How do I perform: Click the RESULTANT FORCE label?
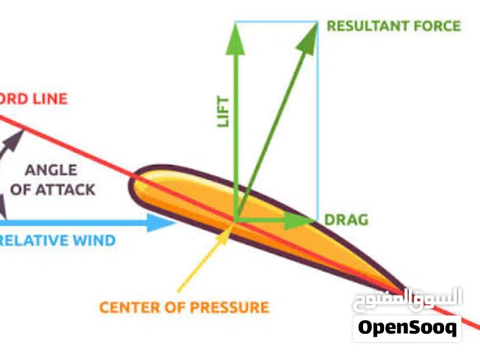(394, 26)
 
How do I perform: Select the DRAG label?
(346, 220)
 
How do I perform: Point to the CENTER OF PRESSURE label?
(184, 307)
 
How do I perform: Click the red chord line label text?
(34, 98)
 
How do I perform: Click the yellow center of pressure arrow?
(202, 259)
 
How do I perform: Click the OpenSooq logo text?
(407, 328)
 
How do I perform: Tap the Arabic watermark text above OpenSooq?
(407, 298)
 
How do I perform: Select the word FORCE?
(438, 26)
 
